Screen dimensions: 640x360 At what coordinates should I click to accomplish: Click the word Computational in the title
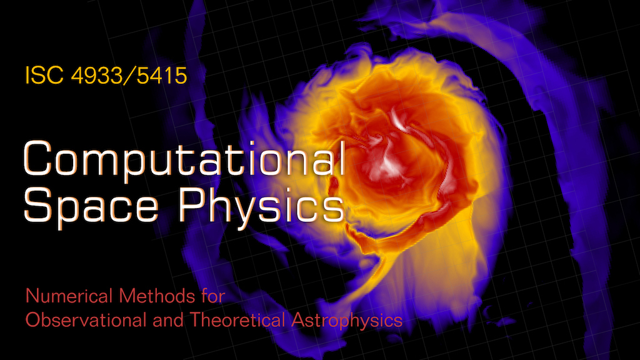pos(184,158)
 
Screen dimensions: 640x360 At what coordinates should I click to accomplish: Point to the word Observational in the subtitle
pos(86,319)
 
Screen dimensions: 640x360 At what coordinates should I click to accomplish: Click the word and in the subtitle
pos(168,319)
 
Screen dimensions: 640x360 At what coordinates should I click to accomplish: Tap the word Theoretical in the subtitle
pos(237,319)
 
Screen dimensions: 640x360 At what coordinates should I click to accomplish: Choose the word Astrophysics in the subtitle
pos(347,321)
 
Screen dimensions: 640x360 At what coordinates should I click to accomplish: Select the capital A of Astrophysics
pos(298,320)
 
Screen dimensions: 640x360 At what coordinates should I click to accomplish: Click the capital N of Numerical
pos(32,296)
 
